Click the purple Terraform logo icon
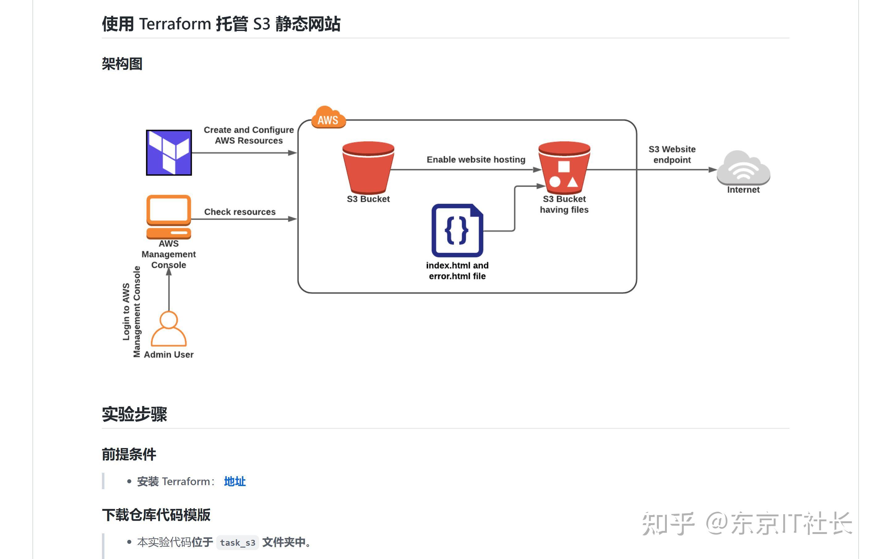pos(169,153)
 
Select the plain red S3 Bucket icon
pos(368,167)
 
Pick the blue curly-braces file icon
pos(457,231)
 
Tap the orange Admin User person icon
pos(169,328)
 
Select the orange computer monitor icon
pos(169,217)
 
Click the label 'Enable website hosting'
pos(476,159)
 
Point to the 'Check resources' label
pos(240,212)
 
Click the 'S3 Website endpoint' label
pos(672,155)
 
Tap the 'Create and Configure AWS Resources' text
pos(249,135)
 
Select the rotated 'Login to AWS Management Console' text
pos(131,312)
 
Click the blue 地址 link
pos(235,481)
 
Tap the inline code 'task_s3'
pos(238,542)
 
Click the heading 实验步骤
pos(134,414)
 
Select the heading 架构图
pos(122,64)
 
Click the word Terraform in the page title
pos(175,24)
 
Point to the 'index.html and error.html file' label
pos(457,271)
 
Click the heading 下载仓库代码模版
pos(156,515)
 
